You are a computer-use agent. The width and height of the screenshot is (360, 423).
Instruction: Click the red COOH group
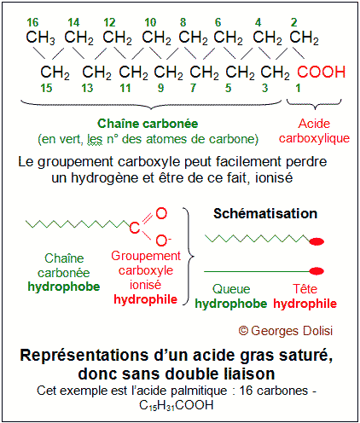(322, 72)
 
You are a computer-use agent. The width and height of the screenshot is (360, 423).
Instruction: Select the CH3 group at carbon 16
(40, 38)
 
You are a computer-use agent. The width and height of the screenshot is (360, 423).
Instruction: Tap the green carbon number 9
(160, 88)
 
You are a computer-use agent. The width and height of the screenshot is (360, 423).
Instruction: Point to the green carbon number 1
(298, 88)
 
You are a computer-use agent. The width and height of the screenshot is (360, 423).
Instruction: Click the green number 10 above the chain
(150, 22)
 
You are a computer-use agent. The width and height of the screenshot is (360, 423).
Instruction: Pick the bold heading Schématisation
(265, 213)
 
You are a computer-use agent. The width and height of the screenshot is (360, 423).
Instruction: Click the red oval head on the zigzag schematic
(316, 241)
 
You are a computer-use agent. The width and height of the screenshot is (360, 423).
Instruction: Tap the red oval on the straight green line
(316, 271)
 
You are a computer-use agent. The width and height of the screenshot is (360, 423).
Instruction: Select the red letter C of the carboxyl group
(135, 228)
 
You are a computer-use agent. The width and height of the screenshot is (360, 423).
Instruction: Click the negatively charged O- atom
(163, 240)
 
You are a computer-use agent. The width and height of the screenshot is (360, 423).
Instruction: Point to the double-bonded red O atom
(161, 213)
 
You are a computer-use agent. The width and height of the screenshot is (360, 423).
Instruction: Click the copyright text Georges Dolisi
(286, 331)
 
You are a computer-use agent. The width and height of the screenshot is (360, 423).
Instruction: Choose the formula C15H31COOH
(177, 406)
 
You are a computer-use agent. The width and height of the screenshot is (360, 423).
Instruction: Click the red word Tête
(305, 289)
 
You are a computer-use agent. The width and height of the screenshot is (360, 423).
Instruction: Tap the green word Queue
(231, 289)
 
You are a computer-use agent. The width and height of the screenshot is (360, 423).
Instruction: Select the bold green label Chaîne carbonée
(148, 124)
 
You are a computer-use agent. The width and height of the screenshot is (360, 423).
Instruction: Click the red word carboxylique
(314, 138)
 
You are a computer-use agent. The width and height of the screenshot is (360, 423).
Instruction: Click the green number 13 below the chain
(87, 88)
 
